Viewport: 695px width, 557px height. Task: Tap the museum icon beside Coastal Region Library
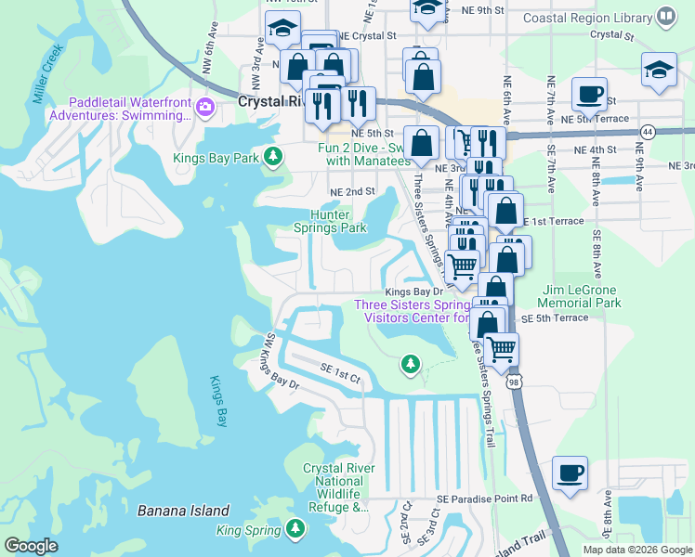[666, 16]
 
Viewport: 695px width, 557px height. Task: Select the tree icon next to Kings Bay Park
[272, 156]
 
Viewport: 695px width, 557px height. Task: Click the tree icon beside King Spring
[295, 529]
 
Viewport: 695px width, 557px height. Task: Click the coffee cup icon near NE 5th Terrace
[589, 95]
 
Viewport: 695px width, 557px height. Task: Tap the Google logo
[32, 546]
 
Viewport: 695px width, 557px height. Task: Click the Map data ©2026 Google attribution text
[636, 550]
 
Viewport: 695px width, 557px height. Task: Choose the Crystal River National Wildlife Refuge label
[338, 487]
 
